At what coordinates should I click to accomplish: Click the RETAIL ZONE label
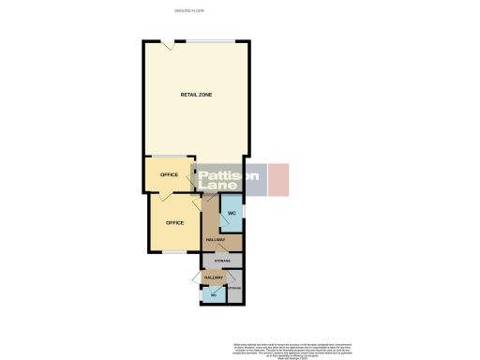pyautogui.click(x=195, y=96)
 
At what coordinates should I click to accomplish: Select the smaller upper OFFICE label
pyautogui.click(x=169, y=174)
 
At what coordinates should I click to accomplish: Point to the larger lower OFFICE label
pyautogui.click(x=174, y=222)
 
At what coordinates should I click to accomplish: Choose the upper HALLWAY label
pyautogui.click(x=215, y=240)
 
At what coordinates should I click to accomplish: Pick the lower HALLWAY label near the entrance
pyautogui.click(x=213, y=277)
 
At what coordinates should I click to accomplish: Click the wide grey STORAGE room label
pyautogui.click(x=222, y=259)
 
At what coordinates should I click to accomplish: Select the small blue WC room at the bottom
pyautogui.click(x=214, y=294)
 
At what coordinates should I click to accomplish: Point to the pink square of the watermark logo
pyautogui.click(x=279, y=179)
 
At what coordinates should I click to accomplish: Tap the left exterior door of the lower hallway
pyautogui.click(x=194, y=277)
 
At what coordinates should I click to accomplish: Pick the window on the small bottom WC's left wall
pyautogui.click(x=202, y=293)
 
